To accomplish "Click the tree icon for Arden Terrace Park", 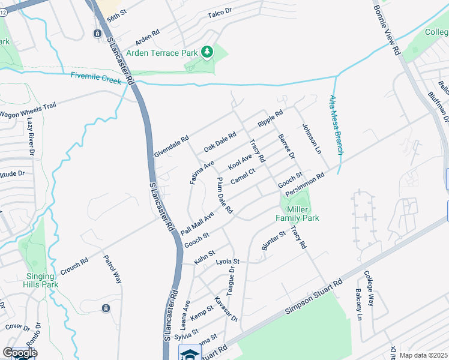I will pos(207,53).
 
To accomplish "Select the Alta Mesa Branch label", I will pos(336,125).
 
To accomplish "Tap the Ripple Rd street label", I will pos(270,119).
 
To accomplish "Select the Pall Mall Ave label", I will pos(197,224).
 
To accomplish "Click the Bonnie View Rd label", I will pos(387,31).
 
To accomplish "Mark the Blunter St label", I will pos(271,240).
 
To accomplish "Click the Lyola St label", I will pos(228,262).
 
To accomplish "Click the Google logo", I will pos(20,353).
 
